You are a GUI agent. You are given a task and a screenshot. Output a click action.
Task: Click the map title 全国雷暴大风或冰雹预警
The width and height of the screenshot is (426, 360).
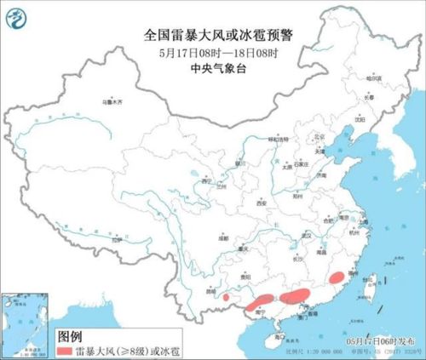[x=213, y=35]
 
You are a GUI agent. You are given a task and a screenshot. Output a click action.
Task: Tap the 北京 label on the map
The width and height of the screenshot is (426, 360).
[x=296, y=135]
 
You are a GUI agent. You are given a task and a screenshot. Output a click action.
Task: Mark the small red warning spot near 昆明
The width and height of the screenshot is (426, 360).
[x=226, y=298]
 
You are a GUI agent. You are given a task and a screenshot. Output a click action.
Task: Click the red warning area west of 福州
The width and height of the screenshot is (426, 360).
[x=337, y=276]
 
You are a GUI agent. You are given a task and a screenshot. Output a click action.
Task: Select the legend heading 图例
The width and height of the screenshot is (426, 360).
[x=69, y=334]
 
